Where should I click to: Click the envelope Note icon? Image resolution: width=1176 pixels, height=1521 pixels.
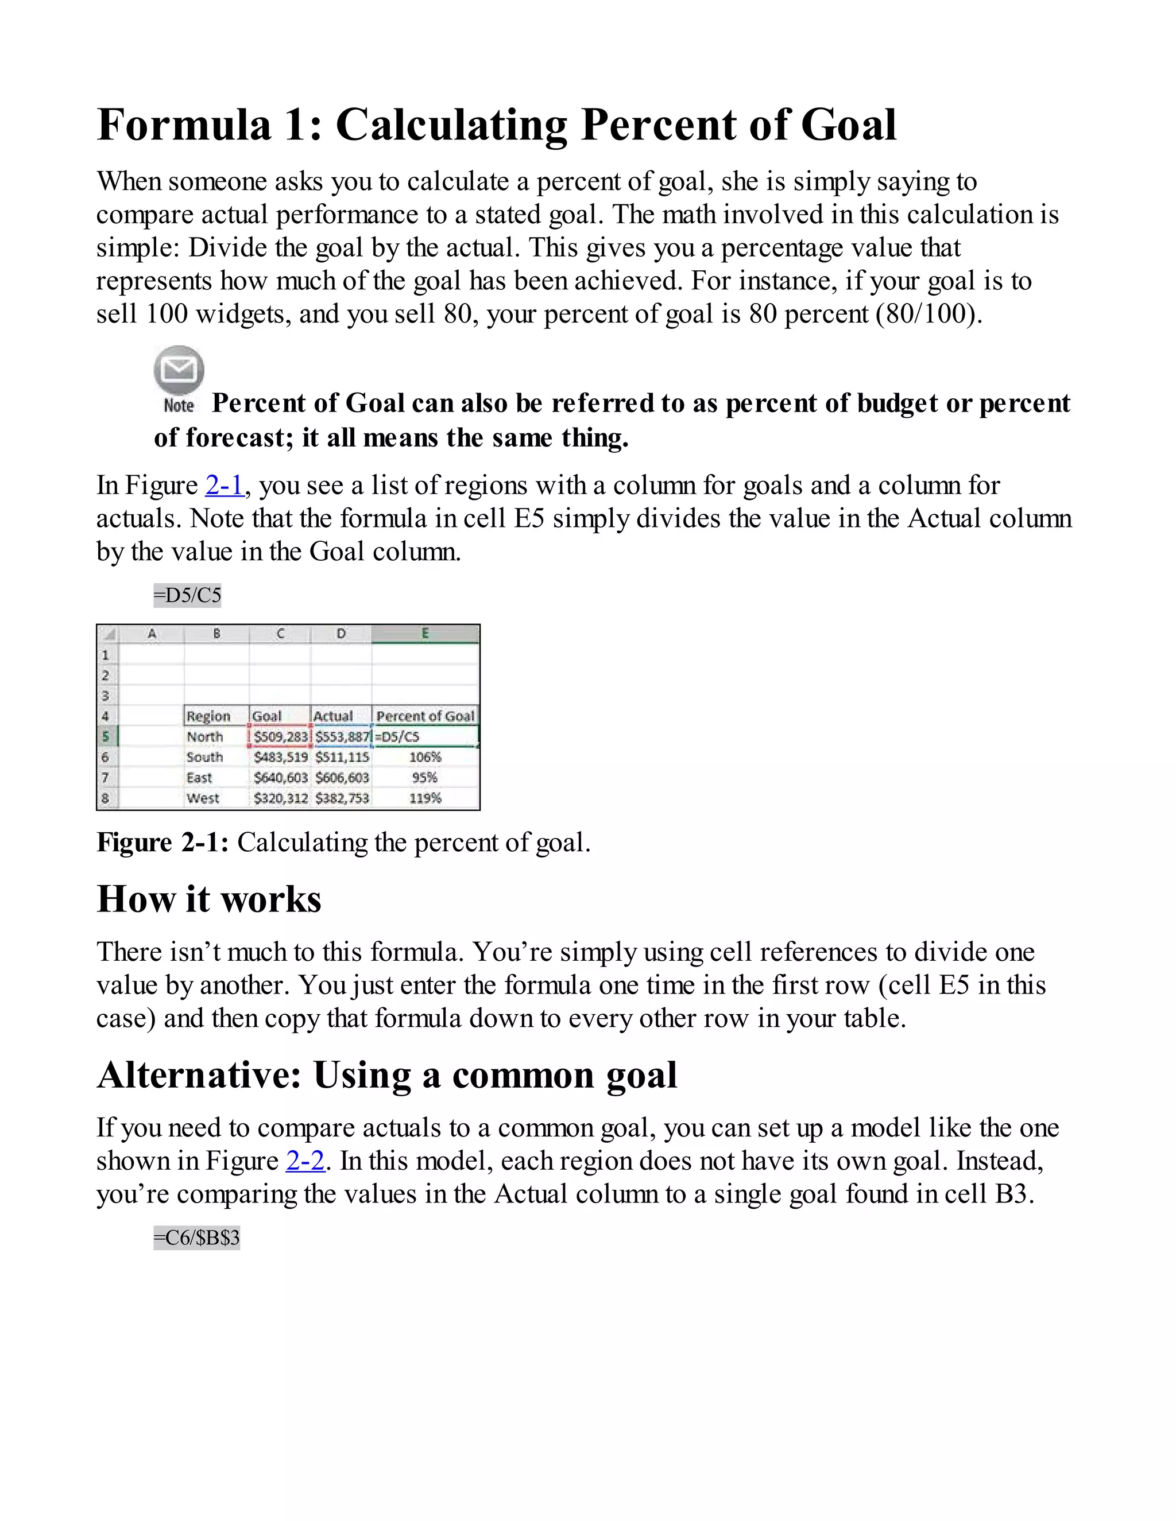pyautogui.click(x=179, y=370)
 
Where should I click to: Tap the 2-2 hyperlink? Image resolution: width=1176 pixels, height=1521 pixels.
pyautogui.click(x=305, y=1161)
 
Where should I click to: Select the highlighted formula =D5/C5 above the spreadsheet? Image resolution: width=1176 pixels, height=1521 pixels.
pyautogui.click(x=187, y=595)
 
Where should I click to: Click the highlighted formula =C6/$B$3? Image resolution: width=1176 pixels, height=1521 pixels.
pyautogui.click(x=196, y=1237)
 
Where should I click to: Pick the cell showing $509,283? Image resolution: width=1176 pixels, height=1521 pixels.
pyautogui.click(x=280, y=737)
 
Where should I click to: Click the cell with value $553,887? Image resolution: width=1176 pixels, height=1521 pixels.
pyautogui.click(x=342, y=737)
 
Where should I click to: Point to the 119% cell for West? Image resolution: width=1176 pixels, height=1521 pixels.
pyautogui.click(x=425, y=798)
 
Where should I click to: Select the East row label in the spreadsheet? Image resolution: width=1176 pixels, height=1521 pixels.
pyautogui.click(x=199, y=778)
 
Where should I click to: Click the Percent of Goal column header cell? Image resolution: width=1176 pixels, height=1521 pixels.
pyautogui.click(x=425, y=716)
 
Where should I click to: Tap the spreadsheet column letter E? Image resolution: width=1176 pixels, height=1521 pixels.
pyautogui.click(x=425, y=634)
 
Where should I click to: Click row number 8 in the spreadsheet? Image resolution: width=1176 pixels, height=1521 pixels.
pyautogui.click(x=106, y=798)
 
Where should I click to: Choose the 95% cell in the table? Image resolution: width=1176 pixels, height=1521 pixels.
pyautogui.click(x=425, y=778)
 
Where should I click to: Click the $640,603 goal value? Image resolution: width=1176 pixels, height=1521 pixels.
pyautogui.click(x=280, y=778)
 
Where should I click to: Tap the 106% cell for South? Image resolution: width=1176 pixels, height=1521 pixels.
pyautogui.click(x=425, y=757)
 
